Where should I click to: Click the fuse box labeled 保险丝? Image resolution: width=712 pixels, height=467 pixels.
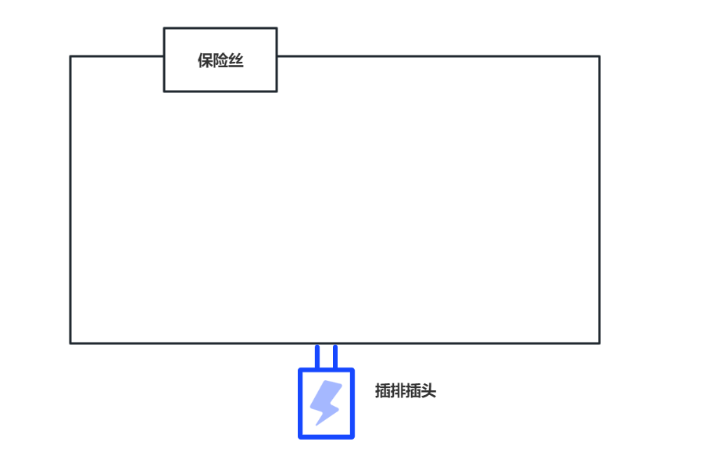point(220,59)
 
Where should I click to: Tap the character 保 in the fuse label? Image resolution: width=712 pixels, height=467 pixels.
point(205,61)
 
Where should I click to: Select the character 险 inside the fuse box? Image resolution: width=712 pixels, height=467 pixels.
point(220,61)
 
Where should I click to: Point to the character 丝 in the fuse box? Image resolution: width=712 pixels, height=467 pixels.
point(236,61)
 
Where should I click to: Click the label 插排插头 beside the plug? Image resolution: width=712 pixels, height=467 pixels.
point(405,391)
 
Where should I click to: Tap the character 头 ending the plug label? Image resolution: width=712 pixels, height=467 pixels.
point(428,391)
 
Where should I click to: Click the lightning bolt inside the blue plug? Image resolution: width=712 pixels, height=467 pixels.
point(326,402)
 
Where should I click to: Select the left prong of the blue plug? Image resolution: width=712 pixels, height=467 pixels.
point(317,356)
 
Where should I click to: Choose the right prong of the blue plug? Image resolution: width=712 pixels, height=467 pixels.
point(335,356)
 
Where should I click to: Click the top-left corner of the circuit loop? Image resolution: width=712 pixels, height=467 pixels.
point(70,56)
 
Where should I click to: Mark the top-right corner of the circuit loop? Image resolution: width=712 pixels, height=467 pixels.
point(599,56)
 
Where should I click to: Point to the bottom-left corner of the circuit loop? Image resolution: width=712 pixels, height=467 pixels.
point(70,343)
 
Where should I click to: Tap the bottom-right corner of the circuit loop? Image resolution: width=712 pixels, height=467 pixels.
point(599,343)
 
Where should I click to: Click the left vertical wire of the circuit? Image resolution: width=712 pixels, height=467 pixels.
point(70,199)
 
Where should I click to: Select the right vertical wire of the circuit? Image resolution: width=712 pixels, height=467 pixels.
point(599,199)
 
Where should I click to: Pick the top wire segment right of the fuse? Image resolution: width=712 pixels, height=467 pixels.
point(438,56)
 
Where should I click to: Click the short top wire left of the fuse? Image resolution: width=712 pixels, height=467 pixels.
point(117,56)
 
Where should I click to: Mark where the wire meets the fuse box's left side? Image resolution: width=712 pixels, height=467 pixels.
point(164,56)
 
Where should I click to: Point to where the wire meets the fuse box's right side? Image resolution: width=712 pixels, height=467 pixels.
point(277,56)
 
